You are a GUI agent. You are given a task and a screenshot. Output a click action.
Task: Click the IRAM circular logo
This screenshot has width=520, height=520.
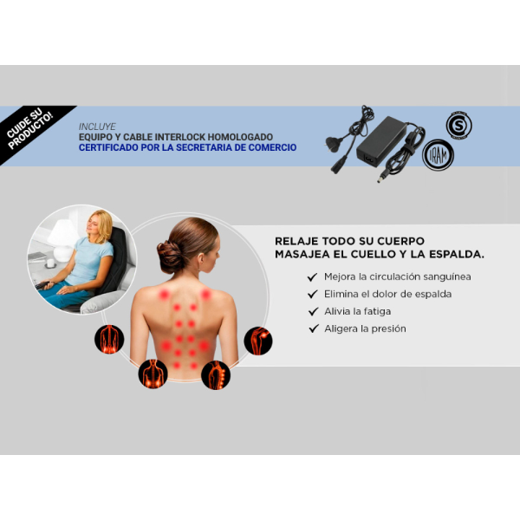[x=438, y=155]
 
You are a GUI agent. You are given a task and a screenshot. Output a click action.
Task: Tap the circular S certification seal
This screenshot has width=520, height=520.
[x=459, y=125]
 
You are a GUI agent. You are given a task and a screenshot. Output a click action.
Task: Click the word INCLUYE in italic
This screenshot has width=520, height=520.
[x=97, y=127]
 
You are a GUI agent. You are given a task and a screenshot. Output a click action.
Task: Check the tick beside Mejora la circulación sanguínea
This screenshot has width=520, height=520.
[x=312, y=277]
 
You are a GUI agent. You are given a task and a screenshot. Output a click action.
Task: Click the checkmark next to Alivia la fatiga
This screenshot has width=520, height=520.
[x=314, y=311]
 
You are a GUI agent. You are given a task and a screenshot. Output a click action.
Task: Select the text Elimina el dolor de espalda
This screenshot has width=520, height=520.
[x=387, y=294]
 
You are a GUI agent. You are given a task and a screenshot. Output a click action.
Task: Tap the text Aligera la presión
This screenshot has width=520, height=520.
[x=365, y=328]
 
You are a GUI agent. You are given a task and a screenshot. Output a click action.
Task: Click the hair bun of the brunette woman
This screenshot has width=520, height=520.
[x=170, y=256]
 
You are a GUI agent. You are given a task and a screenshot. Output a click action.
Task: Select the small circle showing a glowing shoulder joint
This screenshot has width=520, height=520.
[x=258, y=341]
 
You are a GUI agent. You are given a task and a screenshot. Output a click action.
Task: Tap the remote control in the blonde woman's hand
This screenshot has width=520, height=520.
[x=42, y=284]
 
